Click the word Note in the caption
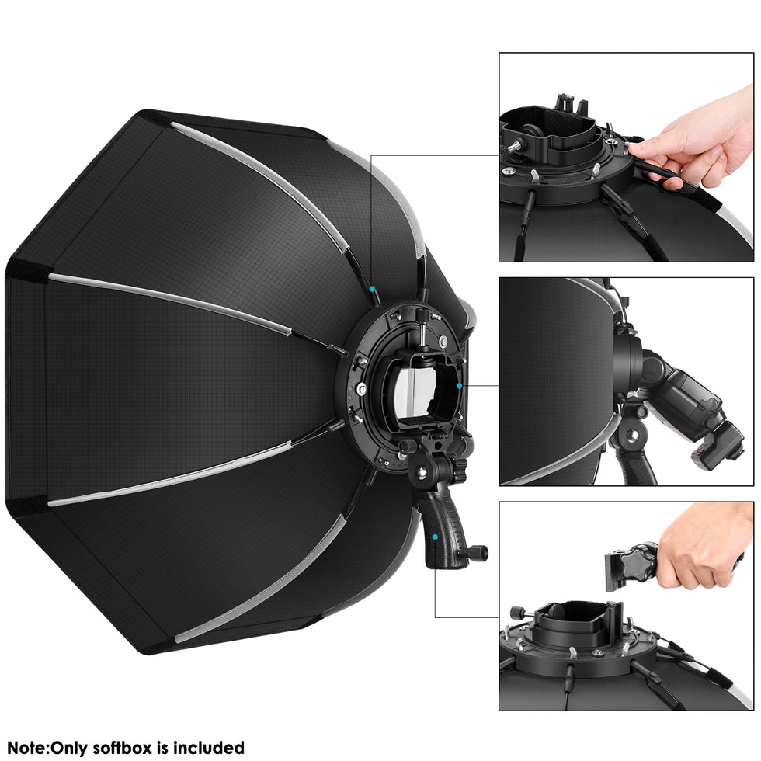tap(26, 749)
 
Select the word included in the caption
tap(209, 749)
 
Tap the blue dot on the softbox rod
tap(374, 289)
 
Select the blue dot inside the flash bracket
tap(459, 385)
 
